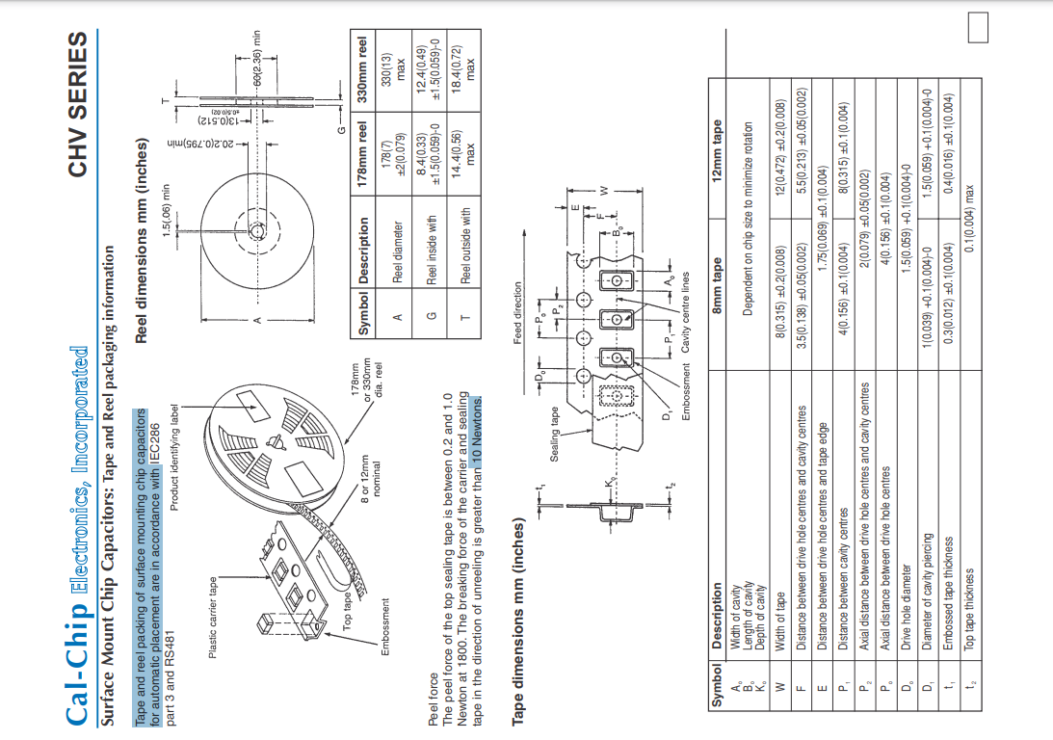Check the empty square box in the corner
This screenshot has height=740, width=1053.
click(978, 28)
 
